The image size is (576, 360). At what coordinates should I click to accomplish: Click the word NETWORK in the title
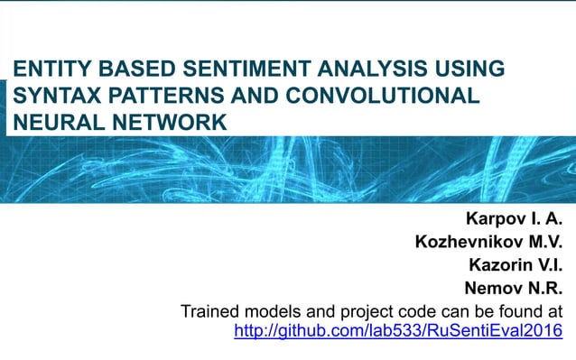[x=160, y=121]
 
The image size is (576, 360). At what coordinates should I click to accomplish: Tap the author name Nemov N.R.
[x=513, y=289]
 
